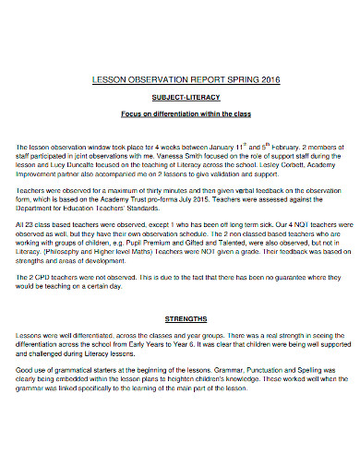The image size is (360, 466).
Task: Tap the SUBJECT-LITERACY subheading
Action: pos(180,96)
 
